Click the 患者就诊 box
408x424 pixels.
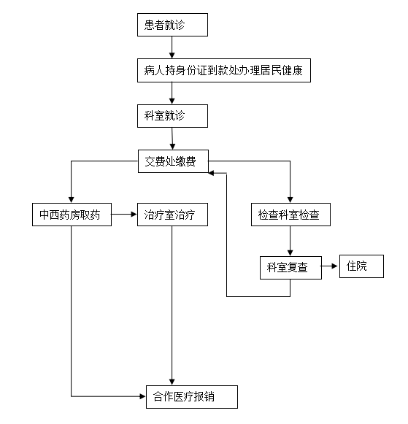point(172,25)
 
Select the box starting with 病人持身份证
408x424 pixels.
point(224,70)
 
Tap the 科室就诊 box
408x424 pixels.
point(172,116)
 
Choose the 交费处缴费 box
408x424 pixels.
point(173,161)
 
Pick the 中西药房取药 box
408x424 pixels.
point(72,215)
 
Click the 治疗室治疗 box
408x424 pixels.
point(172,215)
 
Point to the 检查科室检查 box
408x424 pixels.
point(290,215)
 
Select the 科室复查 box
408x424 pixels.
point(290,268)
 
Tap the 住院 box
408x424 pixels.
point(361,266)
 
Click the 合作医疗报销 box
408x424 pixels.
point(192,397)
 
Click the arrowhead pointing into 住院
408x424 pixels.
point(335,266)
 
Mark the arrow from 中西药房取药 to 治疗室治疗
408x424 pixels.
point(124,215)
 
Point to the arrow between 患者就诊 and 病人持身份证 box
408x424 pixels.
point(172,47)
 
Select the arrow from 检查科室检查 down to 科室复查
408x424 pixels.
point(290,241)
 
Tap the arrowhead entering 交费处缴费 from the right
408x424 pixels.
point(211,173)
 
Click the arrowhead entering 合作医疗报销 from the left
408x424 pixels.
point(142,397)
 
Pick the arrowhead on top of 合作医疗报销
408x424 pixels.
point(172,382)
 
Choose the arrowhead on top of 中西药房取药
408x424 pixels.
point(71,199)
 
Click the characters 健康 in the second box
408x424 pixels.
point(292,71)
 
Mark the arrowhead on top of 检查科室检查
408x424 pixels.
point(290,199)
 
